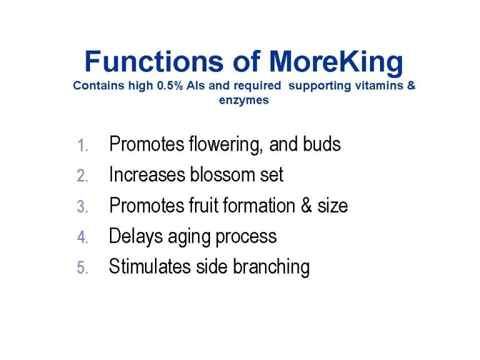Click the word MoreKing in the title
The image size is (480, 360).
point(336,62)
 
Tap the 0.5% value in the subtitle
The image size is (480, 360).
point(169,86)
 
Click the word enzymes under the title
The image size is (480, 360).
point(244,101)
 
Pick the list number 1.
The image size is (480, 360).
point(82,145)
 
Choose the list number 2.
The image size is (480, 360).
point(82,176)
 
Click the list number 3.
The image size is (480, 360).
point(82,206)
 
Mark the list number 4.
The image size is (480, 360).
point(82,237)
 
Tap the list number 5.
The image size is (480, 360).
point(82,267)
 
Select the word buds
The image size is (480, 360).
point(322,144)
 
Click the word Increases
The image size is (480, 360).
point(147,174)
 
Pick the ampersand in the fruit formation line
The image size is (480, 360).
point(306,205)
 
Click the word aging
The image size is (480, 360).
point(189,237)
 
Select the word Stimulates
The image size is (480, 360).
point(150,266)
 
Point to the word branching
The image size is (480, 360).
point(271,267)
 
